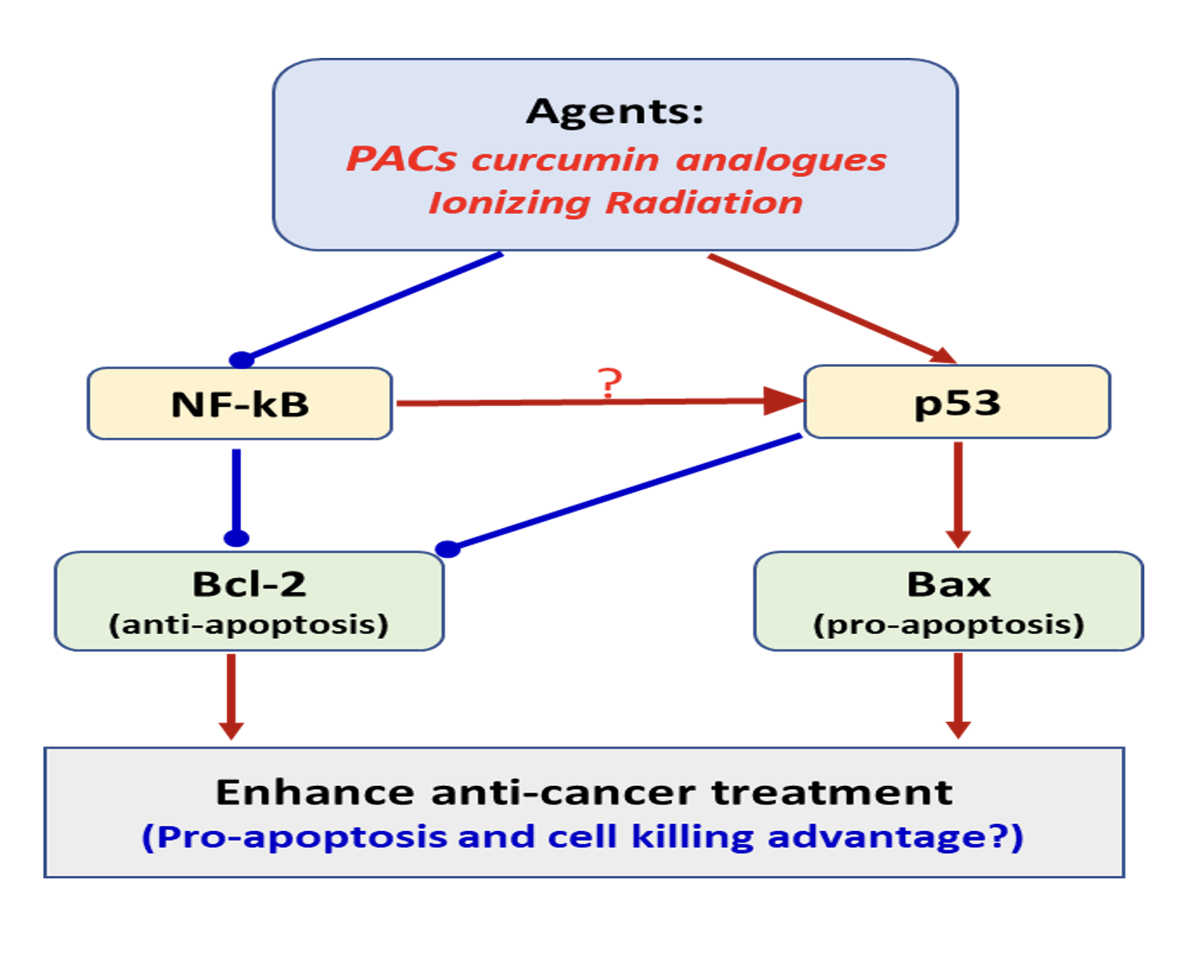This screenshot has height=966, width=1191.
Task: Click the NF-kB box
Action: pyautogui.click(x=239, y=403)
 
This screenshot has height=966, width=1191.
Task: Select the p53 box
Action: pyautogui.click(x=956, y=402)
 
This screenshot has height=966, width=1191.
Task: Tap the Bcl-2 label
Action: pyautogui.click(x=249, y=584)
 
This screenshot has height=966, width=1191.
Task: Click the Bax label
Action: pyautogui.click(x=948, y=584)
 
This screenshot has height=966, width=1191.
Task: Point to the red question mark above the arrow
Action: pyautogui.click(x=611, y=383)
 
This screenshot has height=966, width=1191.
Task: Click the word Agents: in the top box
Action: pyautogui.click(x=615, y=111)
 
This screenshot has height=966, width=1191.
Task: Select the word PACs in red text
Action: pyautogui.click(x=401, y=159)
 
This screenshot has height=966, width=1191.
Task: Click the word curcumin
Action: pyautogui.click(x=567, y=159)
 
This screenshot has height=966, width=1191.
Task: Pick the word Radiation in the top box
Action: pyautogui.click(x=704, y=203)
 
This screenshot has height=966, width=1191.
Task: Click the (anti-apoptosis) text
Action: pyautogui.click(x=248, y=624)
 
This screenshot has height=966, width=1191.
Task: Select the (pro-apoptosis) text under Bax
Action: pyautogui.click(x=948, y=624)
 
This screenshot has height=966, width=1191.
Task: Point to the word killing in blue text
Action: pyautogui.click(x=693, y=837)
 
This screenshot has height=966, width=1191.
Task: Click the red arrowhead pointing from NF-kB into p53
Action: pyautogui.click(x=783, y=400)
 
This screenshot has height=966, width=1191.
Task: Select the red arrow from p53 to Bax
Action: pyautogui.click(x=958, y=494)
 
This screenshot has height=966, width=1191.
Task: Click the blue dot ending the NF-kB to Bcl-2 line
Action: pyautogui.click(x=236, y=538)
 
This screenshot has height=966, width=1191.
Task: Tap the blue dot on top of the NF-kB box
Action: pyautogui.click(x=241, y=359)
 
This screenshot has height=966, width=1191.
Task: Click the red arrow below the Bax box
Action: pyautogui.click(x=958, y=695)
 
